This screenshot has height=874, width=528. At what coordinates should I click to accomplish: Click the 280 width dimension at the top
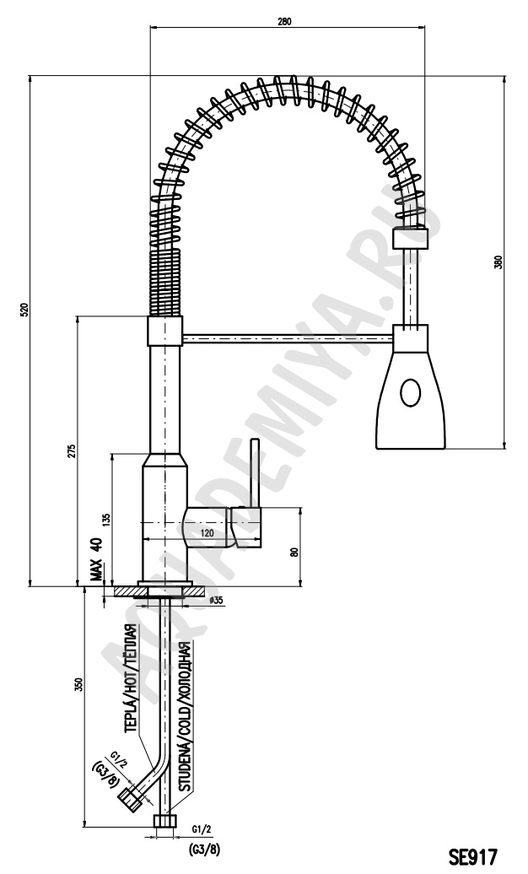[283, 22]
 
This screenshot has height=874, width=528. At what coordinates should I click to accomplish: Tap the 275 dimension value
[72, 451]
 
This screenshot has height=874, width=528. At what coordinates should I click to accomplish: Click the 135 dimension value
[106, 520]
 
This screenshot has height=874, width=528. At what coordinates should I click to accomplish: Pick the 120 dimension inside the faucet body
[207, 533]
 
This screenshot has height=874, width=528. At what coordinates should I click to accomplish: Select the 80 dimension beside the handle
[295, 552]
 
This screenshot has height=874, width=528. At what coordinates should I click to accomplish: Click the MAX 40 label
[95, 559]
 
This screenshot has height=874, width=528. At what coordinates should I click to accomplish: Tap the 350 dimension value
[78, 684]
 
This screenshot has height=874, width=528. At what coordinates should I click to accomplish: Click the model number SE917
[472, 855]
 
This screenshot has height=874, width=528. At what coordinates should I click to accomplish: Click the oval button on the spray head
[411, 393]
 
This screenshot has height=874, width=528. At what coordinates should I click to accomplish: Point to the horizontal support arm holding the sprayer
[288, 337]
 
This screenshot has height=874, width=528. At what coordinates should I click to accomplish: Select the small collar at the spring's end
[411, 238]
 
